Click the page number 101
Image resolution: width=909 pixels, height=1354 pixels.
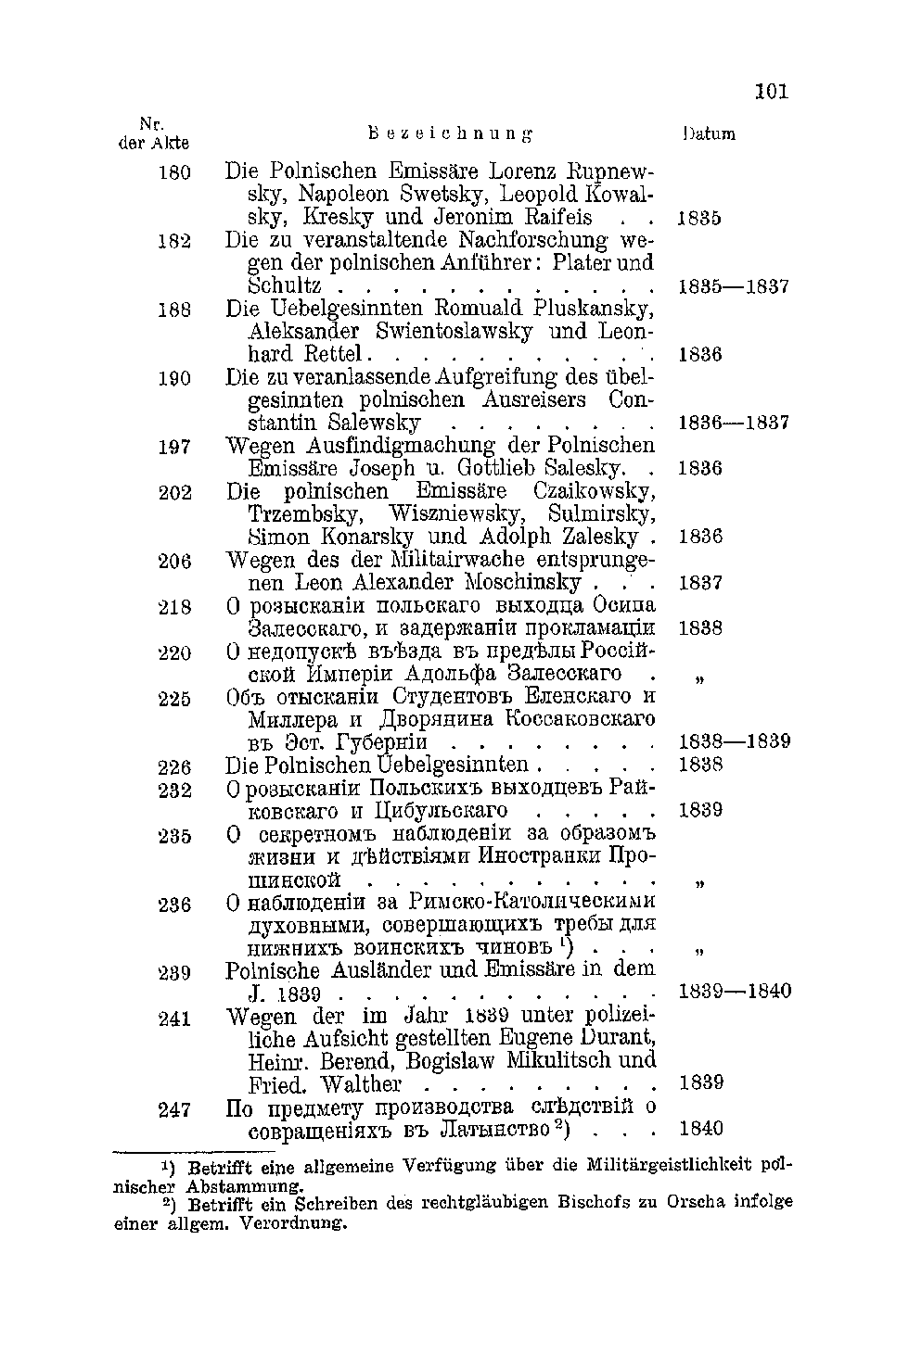click(x=771, y=91)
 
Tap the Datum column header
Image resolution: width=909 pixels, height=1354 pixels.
click(x=708, y=133)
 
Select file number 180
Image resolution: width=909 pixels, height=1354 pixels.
click(x=174, y=172)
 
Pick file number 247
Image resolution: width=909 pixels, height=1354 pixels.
click(x=174, y=1109)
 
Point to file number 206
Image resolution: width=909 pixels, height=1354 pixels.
click(x=174, y=561)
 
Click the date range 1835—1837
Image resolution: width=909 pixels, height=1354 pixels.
click(x=734, y=287)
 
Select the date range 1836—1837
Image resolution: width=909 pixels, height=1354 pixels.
click(x=734, y=424)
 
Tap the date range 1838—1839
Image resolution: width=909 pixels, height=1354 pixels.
click(x=734, y=741)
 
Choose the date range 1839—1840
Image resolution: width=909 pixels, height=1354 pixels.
click(x=735, y=992)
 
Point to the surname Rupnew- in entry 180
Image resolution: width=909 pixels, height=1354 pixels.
click(x=610, y=172)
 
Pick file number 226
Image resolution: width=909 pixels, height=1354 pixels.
click(x=174, y=766)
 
